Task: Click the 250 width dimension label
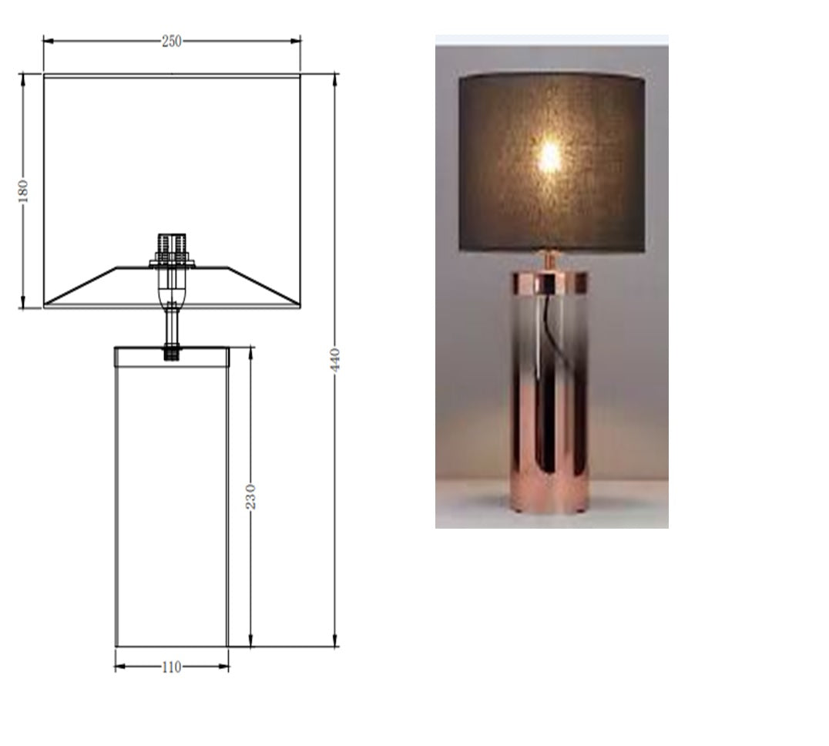point(171,42)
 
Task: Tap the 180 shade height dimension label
point(22,191)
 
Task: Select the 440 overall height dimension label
point(335,360)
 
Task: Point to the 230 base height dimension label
point(250,496)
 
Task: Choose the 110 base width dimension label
point(171,667)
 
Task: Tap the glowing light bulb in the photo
point(549,156)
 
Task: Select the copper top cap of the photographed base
point(549,283)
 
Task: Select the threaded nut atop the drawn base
point(172,354)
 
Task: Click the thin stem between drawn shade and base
point(171,328)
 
